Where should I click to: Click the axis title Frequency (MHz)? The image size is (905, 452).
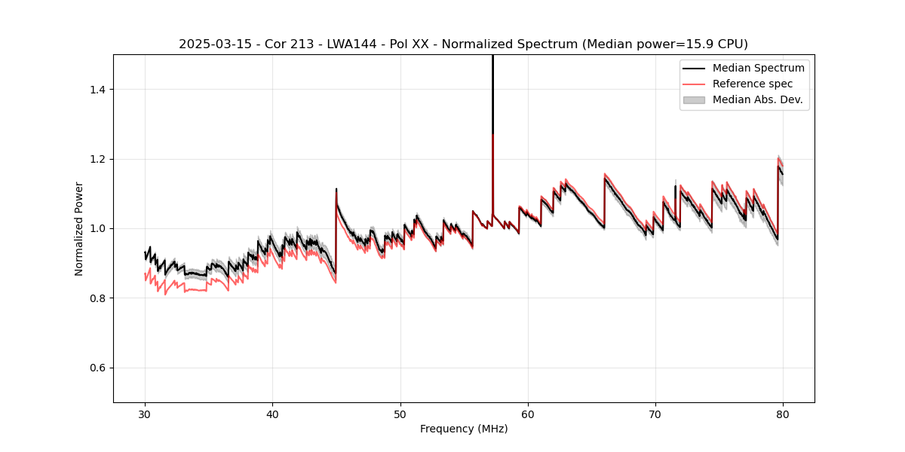tap(464, 429)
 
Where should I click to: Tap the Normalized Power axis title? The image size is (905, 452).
tap(79, 228)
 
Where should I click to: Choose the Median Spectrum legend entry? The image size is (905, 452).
tap(758, 68)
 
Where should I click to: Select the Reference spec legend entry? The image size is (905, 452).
tap(753, 84)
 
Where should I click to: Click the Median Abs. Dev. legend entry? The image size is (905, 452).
tap(757, 99)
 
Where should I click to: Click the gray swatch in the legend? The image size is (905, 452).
tap(694, 99)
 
